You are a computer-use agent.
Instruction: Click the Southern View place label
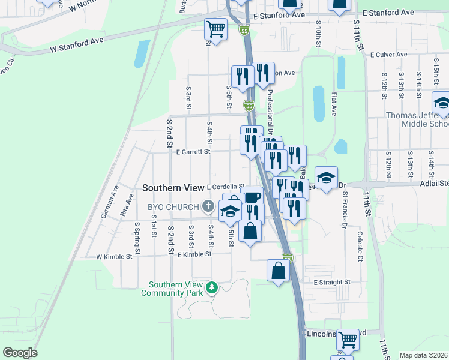click(173, 188)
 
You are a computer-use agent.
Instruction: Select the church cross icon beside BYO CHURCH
click(208, 207)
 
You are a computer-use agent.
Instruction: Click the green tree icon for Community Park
click(211, 289)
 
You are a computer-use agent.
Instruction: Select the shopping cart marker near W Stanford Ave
click(215, 28)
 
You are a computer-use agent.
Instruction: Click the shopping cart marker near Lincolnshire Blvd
click(348, 340)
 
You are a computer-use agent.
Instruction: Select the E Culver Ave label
click(390, 55)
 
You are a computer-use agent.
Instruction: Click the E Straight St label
click(331, 282)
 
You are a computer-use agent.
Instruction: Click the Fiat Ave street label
click(333, 104)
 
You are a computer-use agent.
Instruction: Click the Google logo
click(20, 353)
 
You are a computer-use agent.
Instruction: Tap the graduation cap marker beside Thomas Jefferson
click(442, 103)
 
